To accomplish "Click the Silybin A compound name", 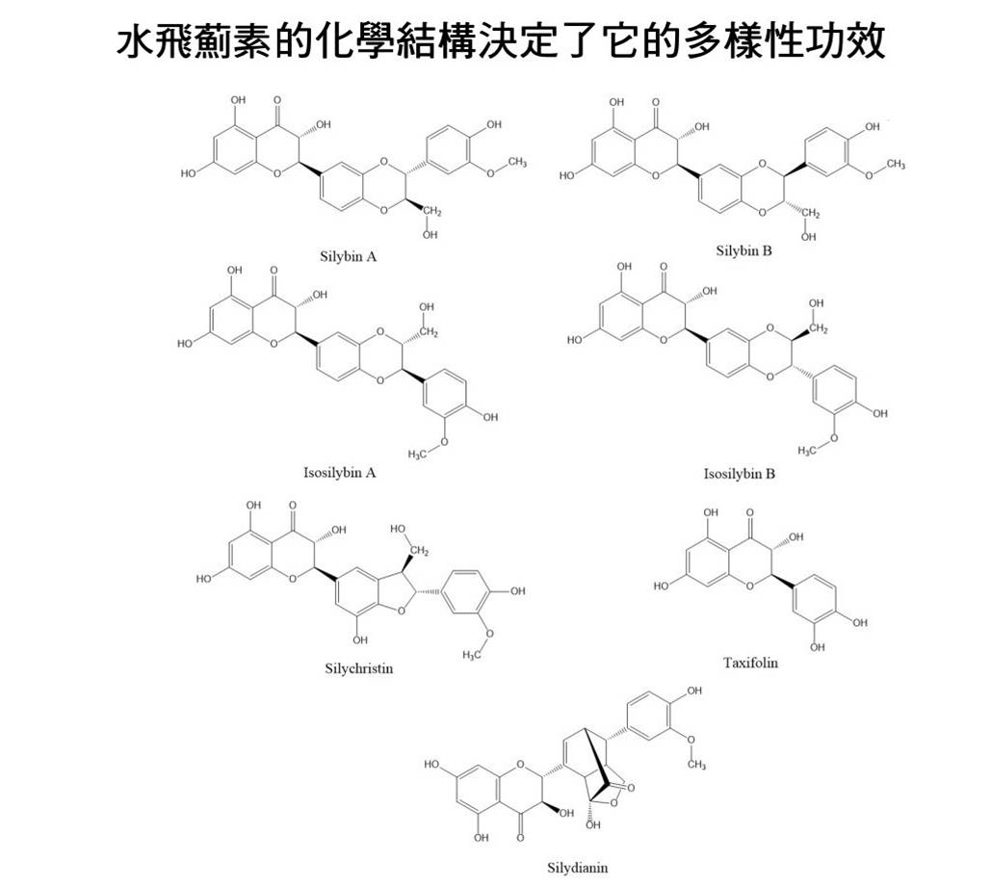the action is point(349,256).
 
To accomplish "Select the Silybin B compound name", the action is point(743,250).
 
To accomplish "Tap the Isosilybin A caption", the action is point(339,472).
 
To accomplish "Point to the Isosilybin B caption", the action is point(740,474).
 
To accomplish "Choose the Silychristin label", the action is point(359,668).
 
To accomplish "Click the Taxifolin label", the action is point(750,663).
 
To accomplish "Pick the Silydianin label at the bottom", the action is point(578,868).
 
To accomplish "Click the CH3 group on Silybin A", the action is point(516,162).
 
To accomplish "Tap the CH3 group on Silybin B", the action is point(895,165).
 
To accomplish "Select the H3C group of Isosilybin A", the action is point(418,454).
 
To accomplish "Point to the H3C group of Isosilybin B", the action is point(808,450).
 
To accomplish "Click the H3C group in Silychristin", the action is point(472,655).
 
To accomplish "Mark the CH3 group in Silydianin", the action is point(696,765).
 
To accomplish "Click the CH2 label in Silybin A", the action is point(432,212).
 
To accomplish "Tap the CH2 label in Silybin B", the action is point(810,214).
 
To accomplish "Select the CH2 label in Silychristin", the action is point(419,551).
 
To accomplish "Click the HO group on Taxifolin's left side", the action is point(661,587).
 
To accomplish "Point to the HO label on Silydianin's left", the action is point(432,765).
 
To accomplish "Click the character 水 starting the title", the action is point(136,42).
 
